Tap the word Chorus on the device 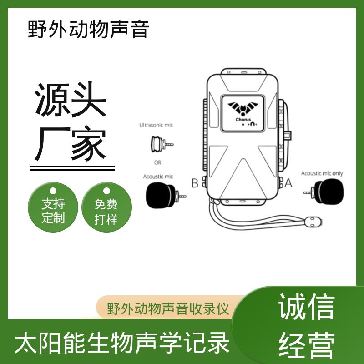(243, 120)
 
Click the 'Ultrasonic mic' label (156, 126)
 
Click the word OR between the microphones (157, 162)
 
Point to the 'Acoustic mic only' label (322, 173)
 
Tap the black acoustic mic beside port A (324, 192)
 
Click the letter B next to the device (195, 183)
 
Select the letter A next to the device (288, 183)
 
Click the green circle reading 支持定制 (53, 207)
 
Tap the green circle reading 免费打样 (106, 207)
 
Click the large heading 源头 (71, 99)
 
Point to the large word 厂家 (71, 143)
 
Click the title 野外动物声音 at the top (88, 29)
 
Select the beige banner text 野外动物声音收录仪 (168, 309)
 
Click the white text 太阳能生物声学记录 (122, 343)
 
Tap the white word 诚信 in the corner (306, 306)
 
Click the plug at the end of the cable (313, 222)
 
